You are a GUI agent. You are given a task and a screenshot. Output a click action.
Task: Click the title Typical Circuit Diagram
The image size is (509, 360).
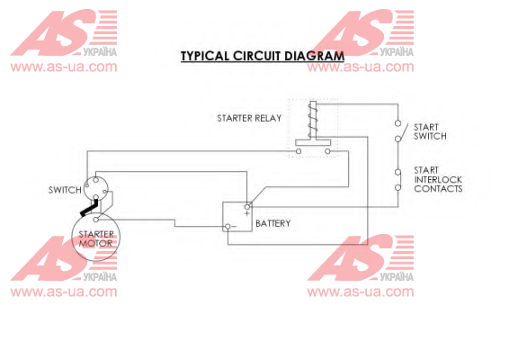click(x=263, y=56)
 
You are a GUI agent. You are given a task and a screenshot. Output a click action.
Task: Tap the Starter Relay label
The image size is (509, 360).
click(x=249, y=118)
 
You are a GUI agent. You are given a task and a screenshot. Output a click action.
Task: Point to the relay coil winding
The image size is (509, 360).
click(x=313, y=120)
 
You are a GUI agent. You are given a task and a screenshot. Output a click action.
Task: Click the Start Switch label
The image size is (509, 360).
click(x=430, y=131)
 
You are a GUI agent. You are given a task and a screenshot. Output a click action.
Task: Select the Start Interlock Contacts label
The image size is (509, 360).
click(x=438, y=179)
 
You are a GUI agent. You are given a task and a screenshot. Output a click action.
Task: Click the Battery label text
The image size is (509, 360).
click(x=273, y=223)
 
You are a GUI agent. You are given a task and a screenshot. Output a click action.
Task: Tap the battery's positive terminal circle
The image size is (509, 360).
click(x=247, y=207)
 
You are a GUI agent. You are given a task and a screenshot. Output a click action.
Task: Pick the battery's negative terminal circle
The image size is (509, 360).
click(x=228, y=227)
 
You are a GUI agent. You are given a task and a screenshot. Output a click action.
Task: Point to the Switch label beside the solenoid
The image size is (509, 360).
click(x=65, y=190)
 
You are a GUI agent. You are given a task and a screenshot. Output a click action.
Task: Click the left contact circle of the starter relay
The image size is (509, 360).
click(x=299, y=151)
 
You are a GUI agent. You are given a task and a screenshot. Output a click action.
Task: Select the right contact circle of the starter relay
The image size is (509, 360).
click(x=327, y=151)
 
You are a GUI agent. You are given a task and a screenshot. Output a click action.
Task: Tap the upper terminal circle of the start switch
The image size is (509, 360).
click(x=397, y=123)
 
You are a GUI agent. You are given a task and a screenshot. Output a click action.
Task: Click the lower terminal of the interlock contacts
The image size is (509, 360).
click(x=397, y=187)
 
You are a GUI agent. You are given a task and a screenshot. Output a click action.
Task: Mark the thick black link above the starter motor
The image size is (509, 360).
click(x=89, y=208)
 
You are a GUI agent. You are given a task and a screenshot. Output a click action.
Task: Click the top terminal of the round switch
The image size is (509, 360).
click(x=95, y=180)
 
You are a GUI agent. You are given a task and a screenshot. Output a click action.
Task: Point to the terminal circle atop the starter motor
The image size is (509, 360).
click(x=95, y=220)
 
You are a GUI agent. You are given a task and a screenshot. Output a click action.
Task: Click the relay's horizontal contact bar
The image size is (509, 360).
click(x=313, y=142)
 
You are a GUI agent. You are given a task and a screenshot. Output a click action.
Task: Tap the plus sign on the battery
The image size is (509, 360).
click(x=247, y=213)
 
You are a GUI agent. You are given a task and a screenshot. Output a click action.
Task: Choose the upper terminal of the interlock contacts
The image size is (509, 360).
click(x=397, y=172)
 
